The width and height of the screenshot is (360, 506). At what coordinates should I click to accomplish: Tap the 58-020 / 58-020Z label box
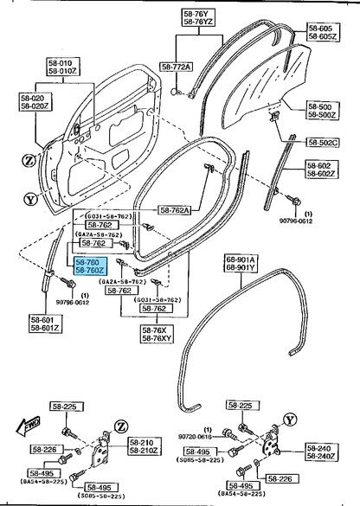click(x=31, y=102)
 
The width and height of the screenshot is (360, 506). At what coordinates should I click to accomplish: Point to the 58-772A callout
click(x=177, y=67)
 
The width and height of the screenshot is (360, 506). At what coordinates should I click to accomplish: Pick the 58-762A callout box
click(x=179, y=208)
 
